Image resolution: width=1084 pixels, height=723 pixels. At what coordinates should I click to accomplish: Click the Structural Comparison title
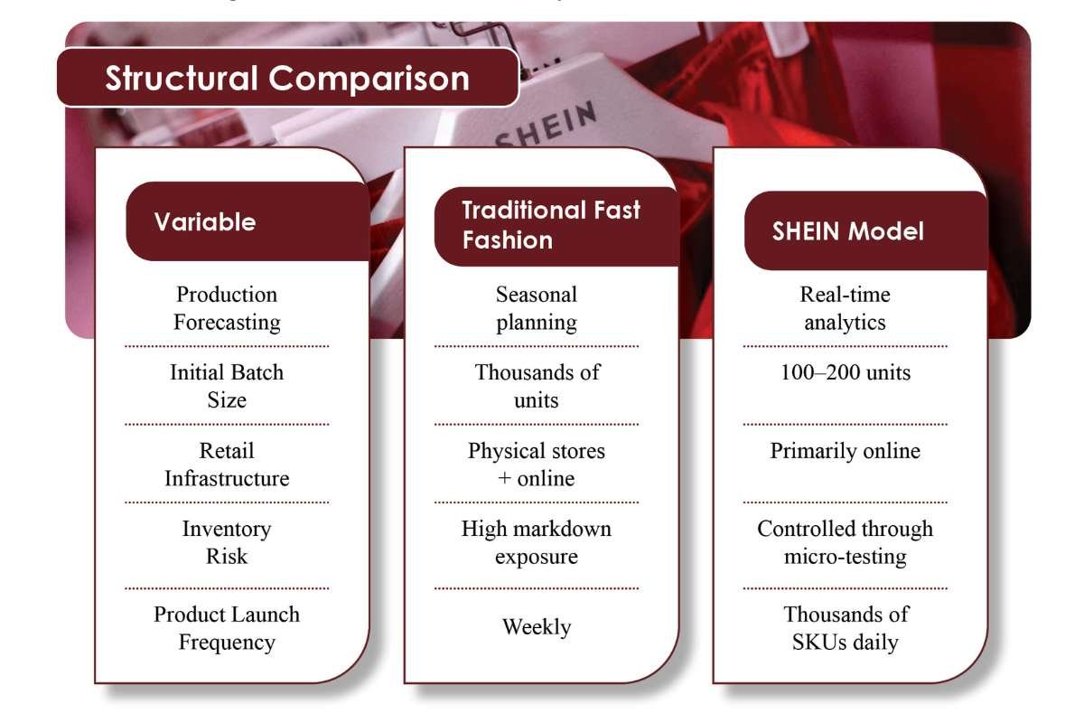click(287, 78)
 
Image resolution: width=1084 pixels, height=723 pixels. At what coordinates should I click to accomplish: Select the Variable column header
click(205, 222)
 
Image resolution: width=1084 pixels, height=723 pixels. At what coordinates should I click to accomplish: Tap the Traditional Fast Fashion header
click(551, 225)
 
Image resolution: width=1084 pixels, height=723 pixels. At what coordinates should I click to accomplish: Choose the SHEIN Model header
click(847, 231)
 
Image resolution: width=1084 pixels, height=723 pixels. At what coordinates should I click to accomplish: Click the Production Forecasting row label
click(227, 308)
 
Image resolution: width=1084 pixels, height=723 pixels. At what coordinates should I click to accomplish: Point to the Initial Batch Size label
click(227, 386)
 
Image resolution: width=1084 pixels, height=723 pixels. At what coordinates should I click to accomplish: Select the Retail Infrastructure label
click(227, 464)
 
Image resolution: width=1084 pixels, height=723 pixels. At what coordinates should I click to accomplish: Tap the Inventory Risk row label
click(227, 542)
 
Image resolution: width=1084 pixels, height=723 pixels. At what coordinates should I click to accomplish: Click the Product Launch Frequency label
click(227, 628)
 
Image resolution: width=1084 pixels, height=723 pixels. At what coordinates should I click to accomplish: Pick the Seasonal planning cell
click(537, 308)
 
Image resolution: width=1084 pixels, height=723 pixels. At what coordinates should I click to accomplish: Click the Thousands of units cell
click(537, 386)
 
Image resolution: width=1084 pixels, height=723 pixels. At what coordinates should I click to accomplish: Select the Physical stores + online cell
click(537, 464)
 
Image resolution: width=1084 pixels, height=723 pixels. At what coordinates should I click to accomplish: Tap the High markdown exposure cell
click(537, 542)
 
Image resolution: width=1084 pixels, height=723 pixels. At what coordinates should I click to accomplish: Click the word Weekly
click(537, 626)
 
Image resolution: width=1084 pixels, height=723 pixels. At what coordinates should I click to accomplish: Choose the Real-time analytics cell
click(846, 308)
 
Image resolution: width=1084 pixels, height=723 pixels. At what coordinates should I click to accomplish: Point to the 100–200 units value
click(846, 372)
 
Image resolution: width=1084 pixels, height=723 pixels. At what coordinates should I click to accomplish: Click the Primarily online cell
click(846, 451)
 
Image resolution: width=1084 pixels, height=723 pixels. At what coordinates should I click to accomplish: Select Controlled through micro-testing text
click(846, 542)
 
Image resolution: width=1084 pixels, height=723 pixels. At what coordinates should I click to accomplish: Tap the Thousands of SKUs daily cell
click(846, 628)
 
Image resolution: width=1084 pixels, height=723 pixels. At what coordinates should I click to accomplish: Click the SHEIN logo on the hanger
click(547, 127)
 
